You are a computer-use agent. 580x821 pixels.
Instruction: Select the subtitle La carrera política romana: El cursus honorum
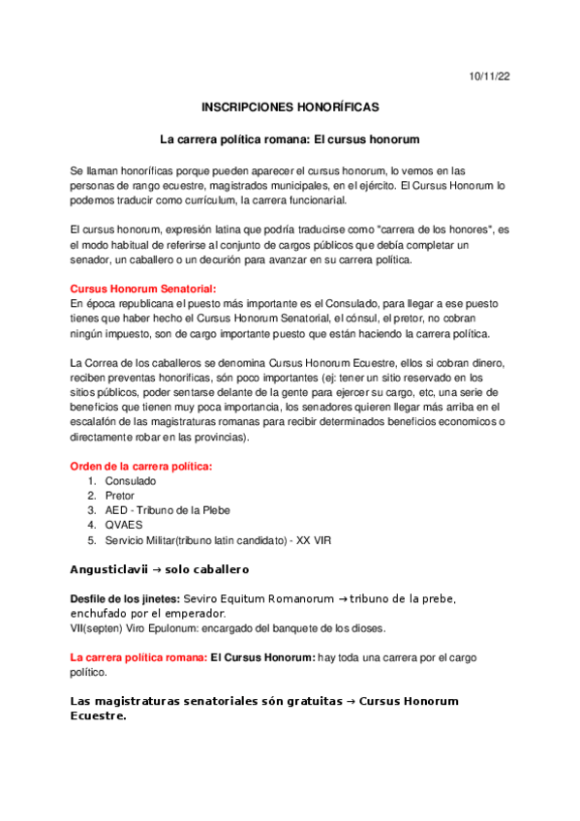pos(290,139)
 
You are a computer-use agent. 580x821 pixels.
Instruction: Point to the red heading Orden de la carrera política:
pos(141,467)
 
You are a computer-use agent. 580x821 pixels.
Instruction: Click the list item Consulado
pos(131,481)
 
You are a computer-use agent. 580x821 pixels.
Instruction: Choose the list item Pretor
pos(121,496)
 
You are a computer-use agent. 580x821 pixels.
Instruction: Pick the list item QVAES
pos(124,525)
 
